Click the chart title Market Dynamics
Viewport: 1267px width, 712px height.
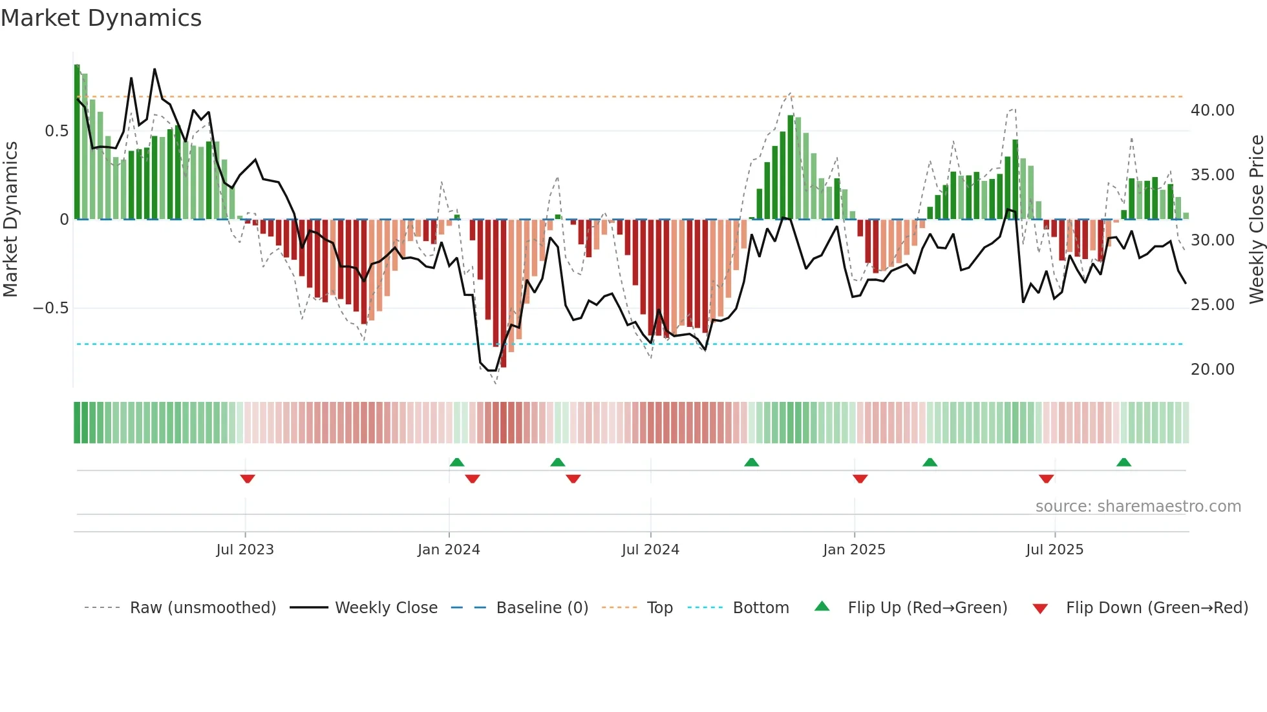pyautogui.click(x=101, y=18)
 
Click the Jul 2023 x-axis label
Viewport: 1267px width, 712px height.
pyautogui.click(x=245, y=550)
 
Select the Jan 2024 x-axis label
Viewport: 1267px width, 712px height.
pyautogui.click(x=449, y=550)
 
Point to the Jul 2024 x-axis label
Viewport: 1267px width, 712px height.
pyautogui.click(x=650, y=550)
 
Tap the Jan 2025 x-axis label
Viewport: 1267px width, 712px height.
pyautogui.click(x=854, y=550)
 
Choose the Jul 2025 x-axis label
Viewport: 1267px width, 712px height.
pyautogui.click(x=1054, y=550)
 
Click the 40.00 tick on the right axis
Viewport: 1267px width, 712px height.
pyautogui.click(x=1213, y=110)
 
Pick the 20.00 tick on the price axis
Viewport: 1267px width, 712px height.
pyautogui.click(x=1213, y=370)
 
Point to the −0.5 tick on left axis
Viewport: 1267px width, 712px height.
pyautogui.click(x=50, y=308)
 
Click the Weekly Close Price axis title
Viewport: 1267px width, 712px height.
pyautogui.click(x=1256, y=220)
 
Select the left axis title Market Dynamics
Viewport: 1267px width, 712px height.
pyautogui.click(x=10, y=220)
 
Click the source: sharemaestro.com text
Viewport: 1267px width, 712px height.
pyautogui.click(x=1138, y=507)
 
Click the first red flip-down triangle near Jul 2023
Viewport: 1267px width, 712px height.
pyautogui.click(x=248, y=479)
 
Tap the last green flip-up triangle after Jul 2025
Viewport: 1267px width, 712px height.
pyautogui.click(x=1123, y=462)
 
